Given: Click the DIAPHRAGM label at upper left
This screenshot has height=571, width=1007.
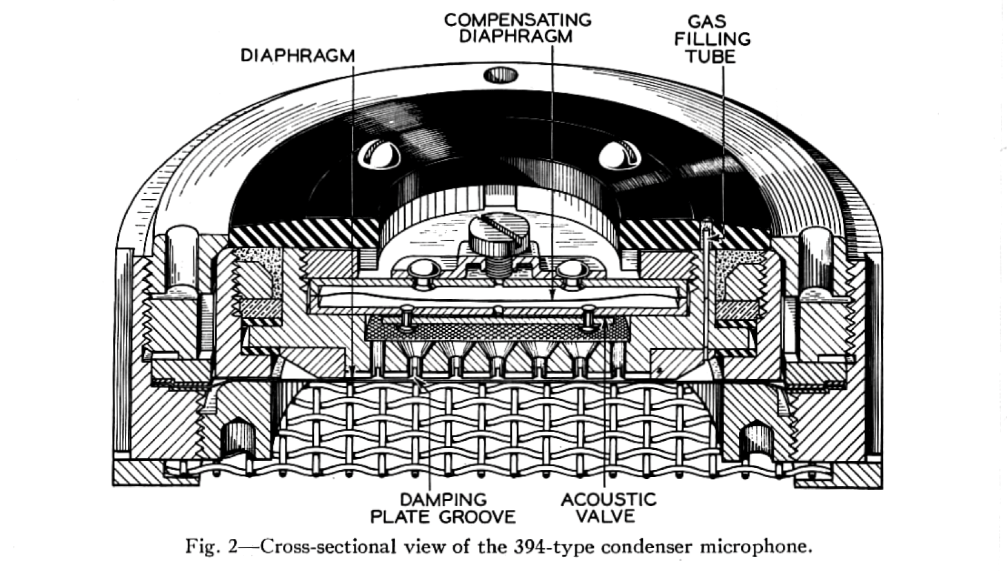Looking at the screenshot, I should (x=297, y=56).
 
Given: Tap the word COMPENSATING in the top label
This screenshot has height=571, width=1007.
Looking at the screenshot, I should (x=517, y=20).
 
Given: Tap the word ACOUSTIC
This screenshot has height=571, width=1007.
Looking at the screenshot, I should (x=608, y=500).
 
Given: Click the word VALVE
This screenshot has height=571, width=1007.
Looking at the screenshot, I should (x=605, y=517).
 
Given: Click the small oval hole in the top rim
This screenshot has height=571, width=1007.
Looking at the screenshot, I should (x=500, y=75).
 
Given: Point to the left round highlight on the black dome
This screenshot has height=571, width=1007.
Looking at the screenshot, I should (x=379, y=156).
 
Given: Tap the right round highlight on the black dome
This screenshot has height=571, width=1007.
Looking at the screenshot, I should (x=619, y=155).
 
